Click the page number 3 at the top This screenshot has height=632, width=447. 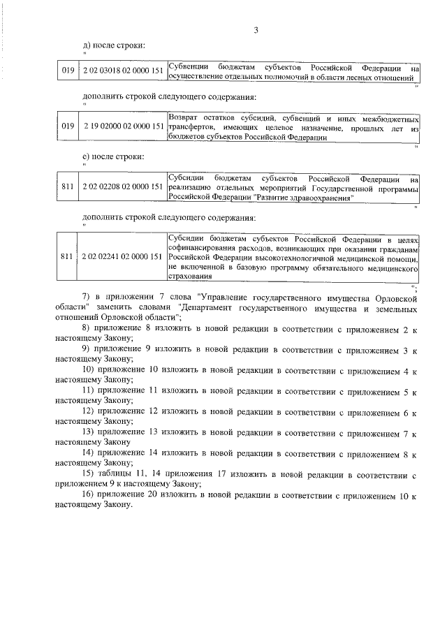pos(256,29)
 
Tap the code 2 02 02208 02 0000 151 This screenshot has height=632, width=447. pos(123,186)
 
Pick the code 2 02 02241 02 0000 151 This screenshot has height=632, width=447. pos(123,256)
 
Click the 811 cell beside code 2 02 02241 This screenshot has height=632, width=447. pos(68,256)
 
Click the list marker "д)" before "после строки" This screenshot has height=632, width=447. pos(87,45)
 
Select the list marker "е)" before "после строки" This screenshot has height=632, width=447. pos(87,156)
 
